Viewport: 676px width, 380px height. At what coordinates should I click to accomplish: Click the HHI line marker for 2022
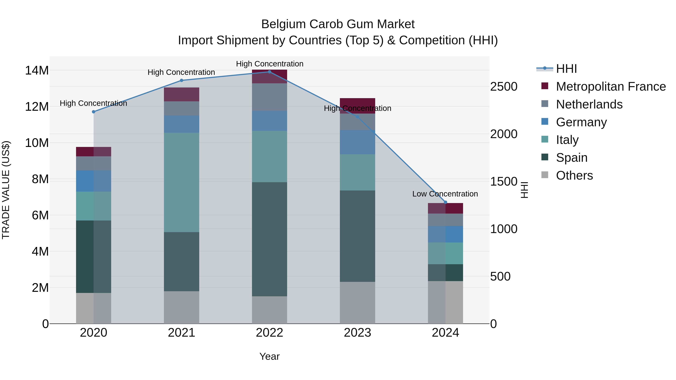click(269, 72)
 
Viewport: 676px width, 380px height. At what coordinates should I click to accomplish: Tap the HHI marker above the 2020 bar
click(94, 112)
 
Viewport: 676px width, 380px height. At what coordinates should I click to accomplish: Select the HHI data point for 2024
click(445, 202)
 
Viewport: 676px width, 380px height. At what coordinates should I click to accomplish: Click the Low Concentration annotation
click(445, 194)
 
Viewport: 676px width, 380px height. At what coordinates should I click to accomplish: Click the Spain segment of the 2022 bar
click(269, 239)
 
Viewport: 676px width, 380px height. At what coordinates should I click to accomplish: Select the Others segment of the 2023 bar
click(357, 303)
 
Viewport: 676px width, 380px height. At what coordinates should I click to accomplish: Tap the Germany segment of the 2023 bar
click(357, 142)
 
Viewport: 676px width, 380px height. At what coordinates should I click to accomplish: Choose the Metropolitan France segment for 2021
click(181, 94)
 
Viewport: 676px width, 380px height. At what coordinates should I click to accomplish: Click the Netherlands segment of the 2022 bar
click(269, 97)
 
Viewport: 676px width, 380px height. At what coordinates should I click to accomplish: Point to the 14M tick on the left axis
click(37, 71)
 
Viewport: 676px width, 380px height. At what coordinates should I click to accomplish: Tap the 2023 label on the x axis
click(357, 333)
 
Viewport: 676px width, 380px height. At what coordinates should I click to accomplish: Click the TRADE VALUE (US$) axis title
click(6, 190)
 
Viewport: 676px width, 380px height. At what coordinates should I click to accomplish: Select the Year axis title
click(269, 356)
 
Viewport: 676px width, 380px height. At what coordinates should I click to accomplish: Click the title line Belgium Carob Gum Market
click(338, 24)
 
